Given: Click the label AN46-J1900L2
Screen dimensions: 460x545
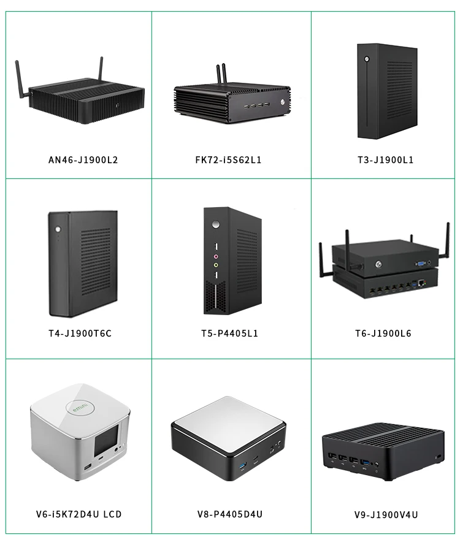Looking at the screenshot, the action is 83,160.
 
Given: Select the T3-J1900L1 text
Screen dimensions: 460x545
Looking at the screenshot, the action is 386,160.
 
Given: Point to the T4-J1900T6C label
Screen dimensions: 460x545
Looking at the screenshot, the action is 80,333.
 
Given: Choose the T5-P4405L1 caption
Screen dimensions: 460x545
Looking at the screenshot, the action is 230,333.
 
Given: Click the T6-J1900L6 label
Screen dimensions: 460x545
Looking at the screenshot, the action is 383,333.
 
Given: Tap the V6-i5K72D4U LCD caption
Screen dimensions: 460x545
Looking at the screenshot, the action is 79,514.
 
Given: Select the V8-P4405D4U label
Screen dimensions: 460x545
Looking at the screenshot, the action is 230,514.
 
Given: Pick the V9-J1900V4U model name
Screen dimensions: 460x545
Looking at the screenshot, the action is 386,514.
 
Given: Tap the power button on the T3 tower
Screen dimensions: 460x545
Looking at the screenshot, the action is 366,59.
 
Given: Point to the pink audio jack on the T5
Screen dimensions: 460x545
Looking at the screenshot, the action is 215,256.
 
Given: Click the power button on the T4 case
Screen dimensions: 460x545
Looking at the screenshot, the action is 56,231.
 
